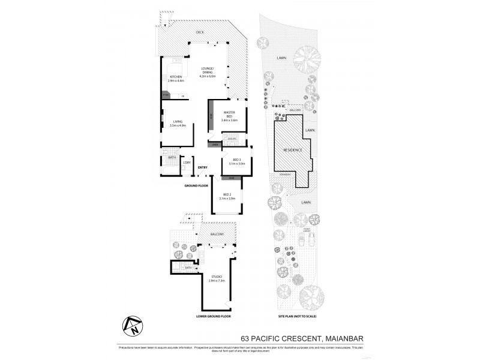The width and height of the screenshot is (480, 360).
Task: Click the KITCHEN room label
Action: [176, 77]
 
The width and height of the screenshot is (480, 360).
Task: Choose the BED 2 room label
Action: [227, 194]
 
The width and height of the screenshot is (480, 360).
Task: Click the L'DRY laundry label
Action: [187, 162]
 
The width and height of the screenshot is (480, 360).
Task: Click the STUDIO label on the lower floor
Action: [217, 277]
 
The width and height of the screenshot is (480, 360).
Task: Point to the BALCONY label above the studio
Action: [217, 233]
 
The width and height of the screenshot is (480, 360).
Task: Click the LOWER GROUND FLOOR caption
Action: [214, 316]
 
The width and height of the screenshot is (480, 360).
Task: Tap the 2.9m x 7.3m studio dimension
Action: [217, 281]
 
